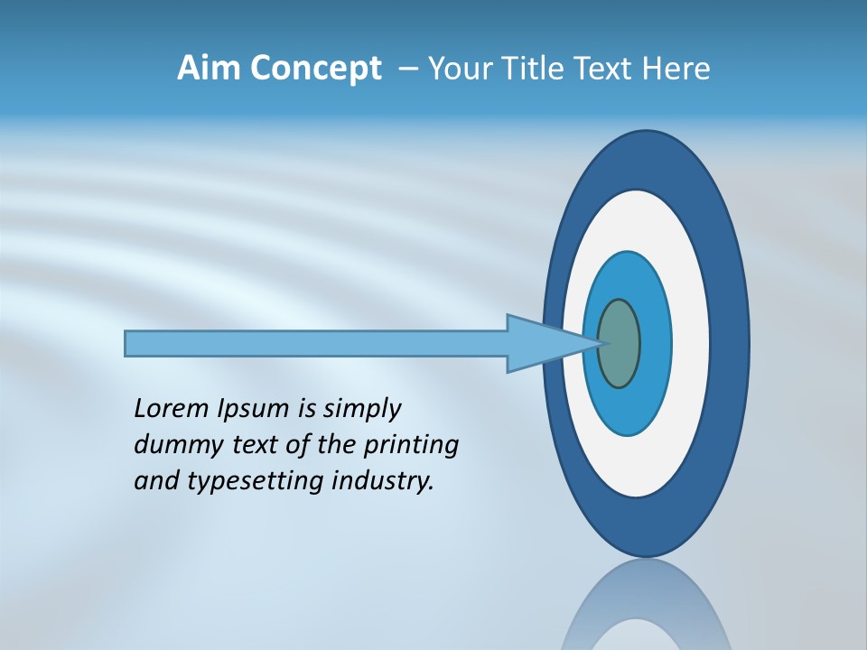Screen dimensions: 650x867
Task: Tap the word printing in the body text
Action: [x=411, y=446]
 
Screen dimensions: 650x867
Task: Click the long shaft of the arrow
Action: [x=316, y=343]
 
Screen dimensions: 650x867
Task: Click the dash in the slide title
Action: [x=408, y=70]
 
